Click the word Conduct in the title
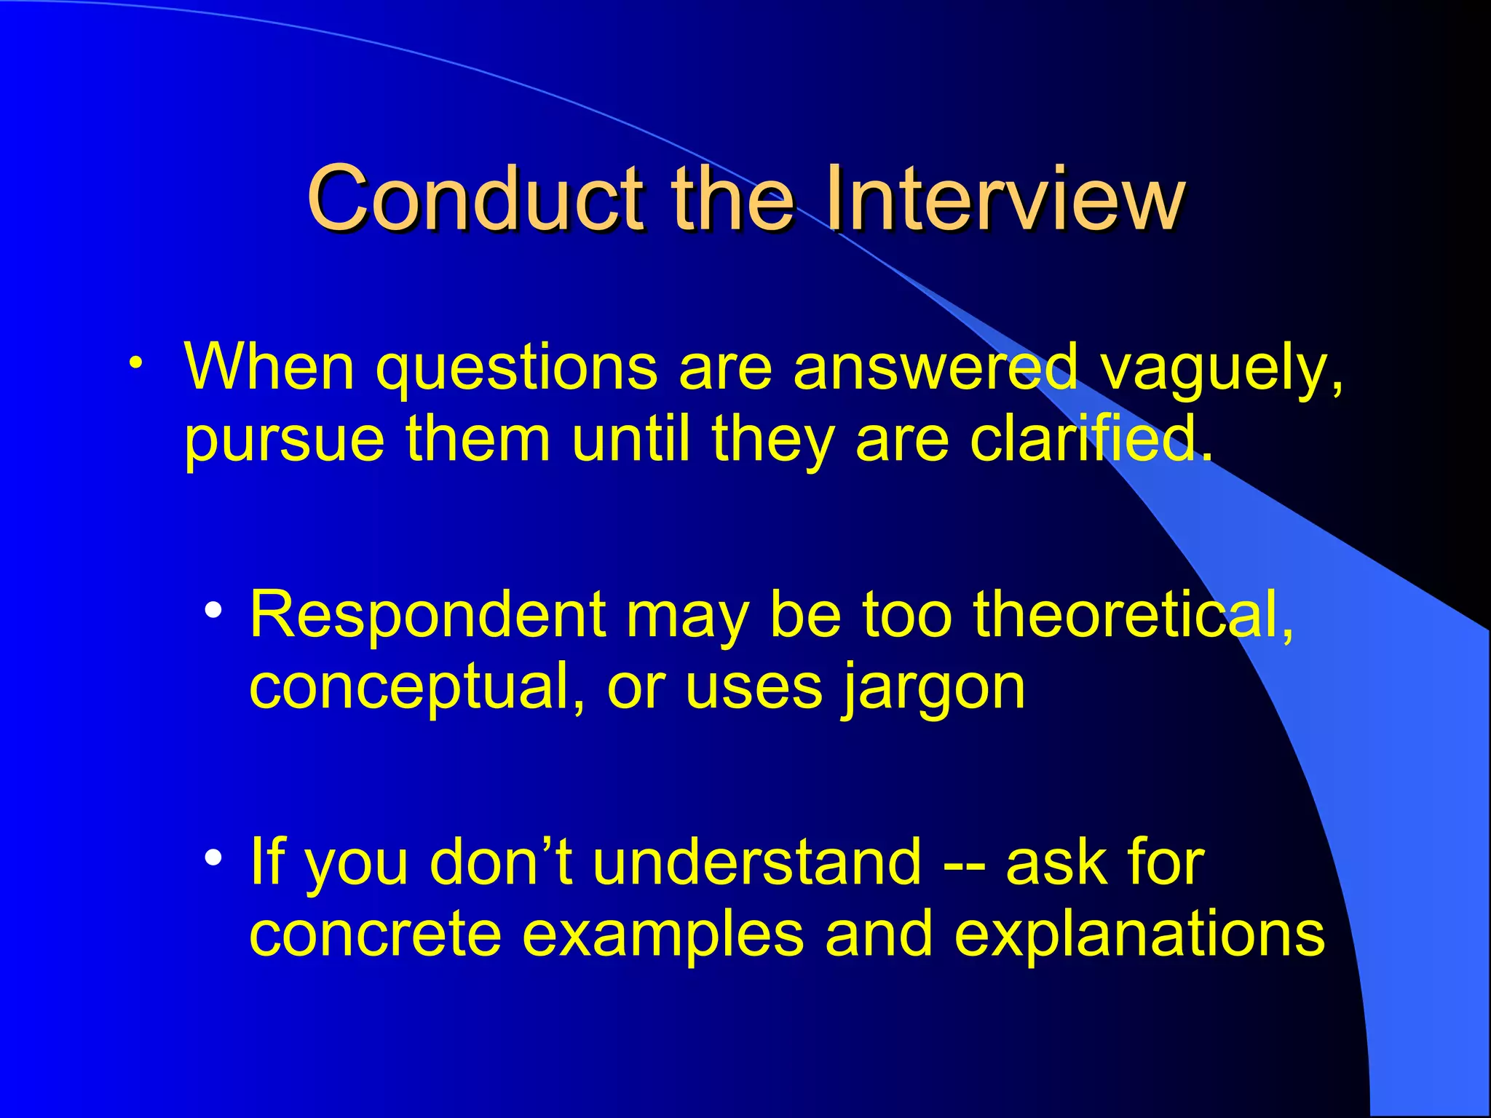coord(474,198)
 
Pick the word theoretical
coord(1133,615)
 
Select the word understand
coord(757,863)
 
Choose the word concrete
coord(375,935)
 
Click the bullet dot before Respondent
coord(213,611)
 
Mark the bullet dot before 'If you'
coord(213,857)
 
